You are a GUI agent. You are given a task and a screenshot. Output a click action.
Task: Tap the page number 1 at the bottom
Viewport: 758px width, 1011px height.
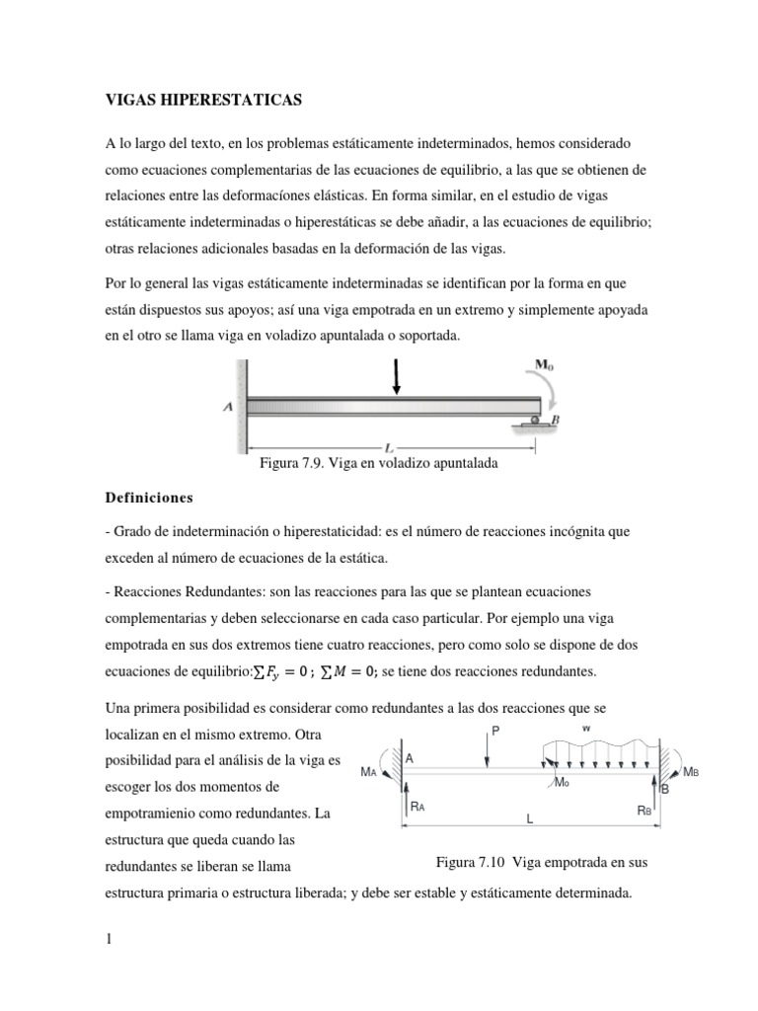(110, 939)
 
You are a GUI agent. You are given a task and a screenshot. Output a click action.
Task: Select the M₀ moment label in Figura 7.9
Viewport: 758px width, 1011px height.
(545, 364)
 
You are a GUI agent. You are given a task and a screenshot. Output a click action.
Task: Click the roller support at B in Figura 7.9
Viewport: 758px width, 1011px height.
(535, 422)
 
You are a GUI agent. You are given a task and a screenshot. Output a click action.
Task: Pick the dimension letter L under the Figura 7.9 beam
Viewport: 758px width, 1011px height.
(375, 446)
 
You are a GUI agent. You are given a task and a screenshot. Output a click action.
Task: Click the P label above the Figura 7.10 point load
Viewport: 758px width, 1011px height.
(495, 731)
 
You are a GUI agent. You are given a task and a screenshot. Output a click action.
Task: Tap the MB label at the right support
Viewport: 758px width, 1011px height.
(693, 773)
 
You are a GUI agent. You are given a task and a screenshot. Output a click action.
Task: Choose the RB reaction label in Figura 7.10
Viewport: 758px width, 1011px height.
(644, 810)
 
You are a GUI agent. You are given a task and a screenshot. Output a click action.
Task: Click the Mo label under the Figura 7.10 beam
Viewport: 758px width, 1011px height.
(562, 782)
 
